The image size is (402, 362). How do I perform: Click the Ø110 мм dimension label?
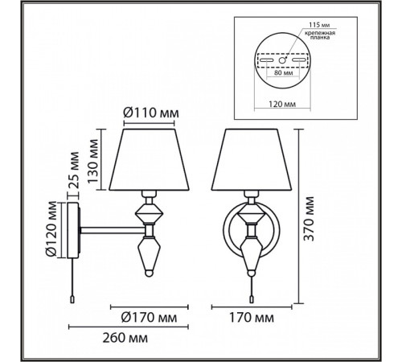[151, 113]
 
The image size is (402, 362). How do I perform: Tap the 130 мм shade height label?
[93, 161]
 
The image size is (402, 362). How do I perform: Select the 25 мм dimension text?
[73, 170]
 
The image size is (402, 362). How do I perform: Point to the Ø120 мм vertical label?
[51, 228]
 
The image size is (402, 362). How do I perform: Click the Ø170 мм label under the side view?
[149, 318]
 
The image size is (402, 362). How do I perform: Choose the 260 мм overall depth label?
[125, 338]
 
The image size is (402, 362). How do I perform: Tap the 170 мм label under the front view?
[252, 318]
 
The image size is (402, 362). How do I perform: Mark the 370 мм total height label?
[309, 219]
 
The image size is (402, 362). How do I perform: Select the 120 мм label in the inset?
[282, 104]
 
